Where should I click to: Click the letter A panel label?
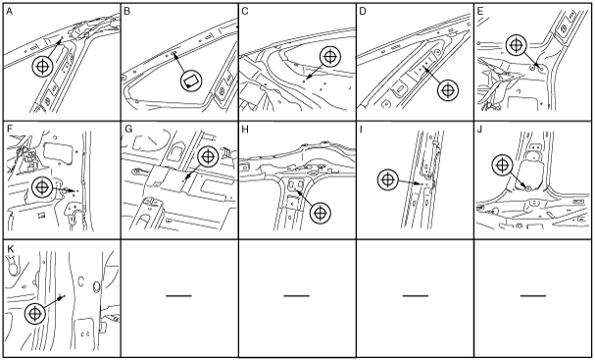tap(10, 12)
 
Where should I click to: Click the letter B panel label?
tap(127, 12)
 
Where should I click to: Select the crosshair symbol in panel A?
tap(42, 67)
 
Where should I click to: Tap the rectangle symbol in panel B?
tap(191, 80)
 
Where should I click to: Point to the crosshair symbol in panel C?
tap(330, 57)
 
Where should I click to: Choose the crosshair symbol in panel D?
tap(448, 90)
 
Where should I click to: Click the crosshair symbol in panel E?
tap(517, 45)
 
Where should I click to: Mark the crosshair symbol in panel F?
tap(42, 187)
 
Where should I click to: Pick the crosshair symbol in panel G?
tap(208, 156)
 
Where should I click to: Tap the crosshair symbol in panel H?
tap(321, 213)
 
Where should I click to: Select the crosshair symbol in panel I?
tap(388, 180)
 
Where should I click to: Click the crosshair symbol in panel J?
tap(503, 165)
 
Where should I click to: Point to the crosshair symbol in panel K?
tap(35, 314)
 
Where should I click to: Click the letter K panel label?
tap(10, 248)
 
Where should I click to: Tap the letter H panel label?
tap(245, 129)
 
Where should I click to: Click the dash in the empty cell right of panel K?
tap(178, 295)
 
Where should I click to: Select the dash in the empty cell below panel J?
tap(533, 295)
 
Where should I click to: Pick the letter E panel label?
tap(480, 12)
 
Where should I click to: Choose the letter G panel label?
tap(128, 129)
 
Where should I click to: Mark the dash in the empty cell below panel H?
tap(297, 295)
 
